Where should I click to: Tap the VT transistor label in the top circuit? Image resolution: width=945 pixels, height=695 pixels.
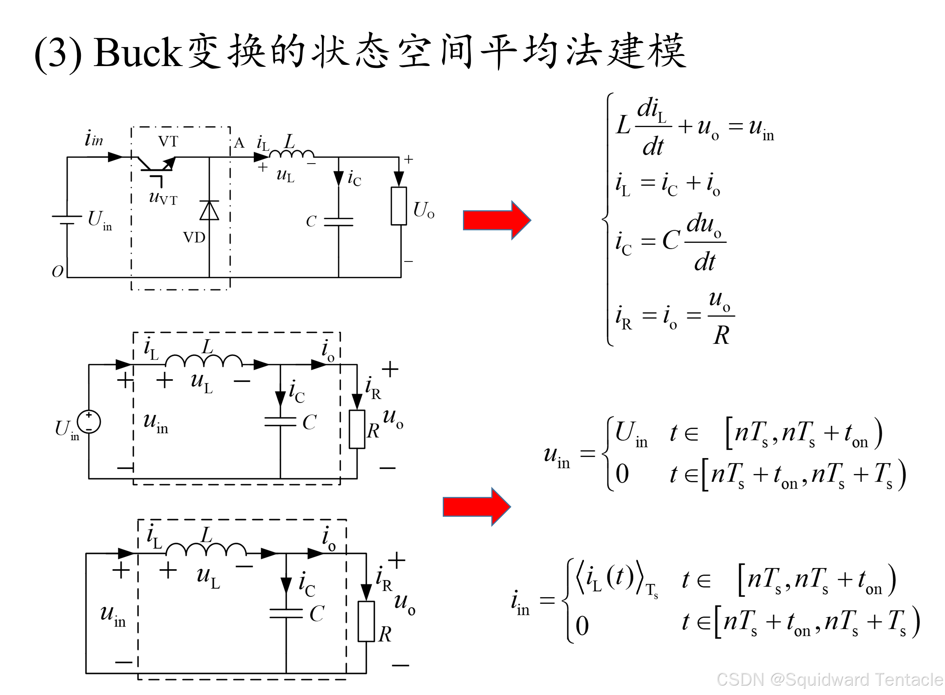(x=168, y=141)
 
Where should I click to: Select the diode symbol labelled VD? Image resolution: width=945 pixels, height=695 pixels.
(x=209, y=210)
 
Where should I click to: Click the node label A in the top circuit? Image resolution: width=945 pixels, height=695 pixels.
(x=239, y=143)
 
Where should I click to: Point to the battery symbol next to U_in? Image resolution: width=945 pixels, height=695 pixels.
(x=67, y=219)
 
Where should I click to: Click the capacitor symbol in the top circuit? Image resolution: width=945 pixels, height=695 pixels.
(x=339, y=222)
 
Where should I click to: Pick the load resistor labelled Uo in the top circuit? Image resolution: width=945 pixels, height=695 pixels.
(x=398, y=206)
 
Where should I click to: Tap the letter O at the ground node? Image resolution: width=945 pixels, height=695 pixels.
(x=57, y=271)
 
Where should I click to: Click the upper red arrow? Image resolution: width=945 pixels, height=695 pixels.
(x=497, y=220)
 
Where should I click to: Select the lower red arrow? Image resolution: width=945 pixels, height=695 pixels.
(x=477, y=507)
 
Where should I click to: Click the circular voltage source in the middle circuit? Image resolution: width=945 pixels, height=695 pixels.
(x=89, y=422)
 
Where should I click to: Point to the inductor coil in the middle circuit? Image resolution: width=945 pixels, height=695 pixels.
(x=204, y=361)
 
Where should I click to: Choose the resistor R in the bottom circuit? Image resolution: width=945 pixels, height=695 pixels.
(x=366, y=621)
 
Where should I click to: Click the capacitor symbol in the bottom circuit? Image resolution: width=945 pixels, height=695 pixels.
(x=286, y=614)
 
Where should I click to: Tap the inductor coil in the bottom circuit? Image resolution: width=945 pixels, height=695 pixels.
(x=206, y=549)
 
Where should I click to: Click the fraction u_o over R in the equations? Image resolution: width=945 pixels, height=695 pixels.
(x=721, y=318)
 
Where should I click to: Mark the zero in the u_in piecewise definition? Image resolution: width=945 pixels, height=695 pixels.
(x=622, y=474)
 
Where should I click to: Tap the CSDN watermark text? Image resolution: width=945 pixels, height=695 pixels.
(x=829, y=679)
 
